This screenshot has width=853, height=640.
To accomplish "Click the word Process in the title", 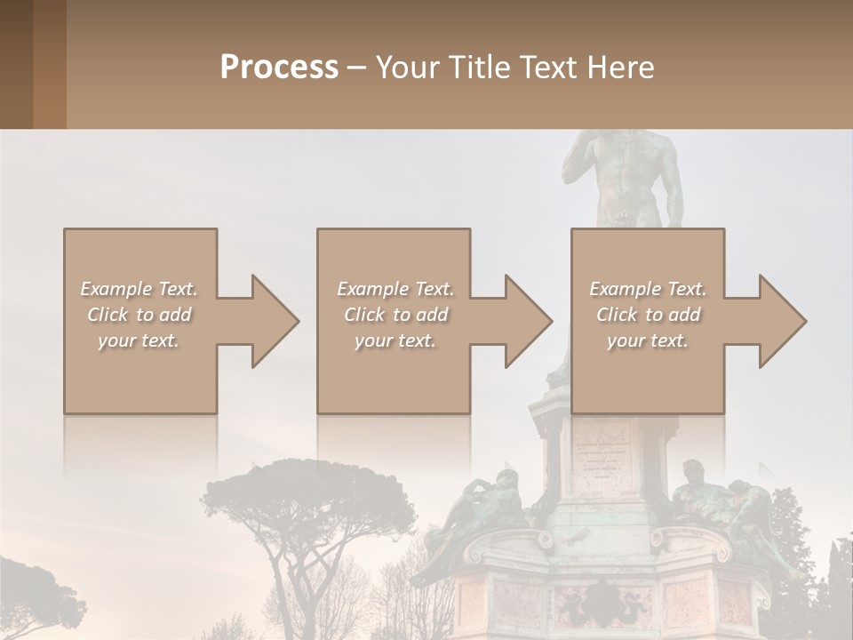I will [279, 68].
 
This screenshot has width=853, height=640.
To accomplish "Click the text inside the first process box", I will [139, 315].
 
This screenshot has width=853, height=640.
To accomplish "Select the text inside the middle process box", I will [395, 315].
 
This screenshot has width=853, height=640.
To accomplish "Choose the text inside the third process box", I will [648, 315].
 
